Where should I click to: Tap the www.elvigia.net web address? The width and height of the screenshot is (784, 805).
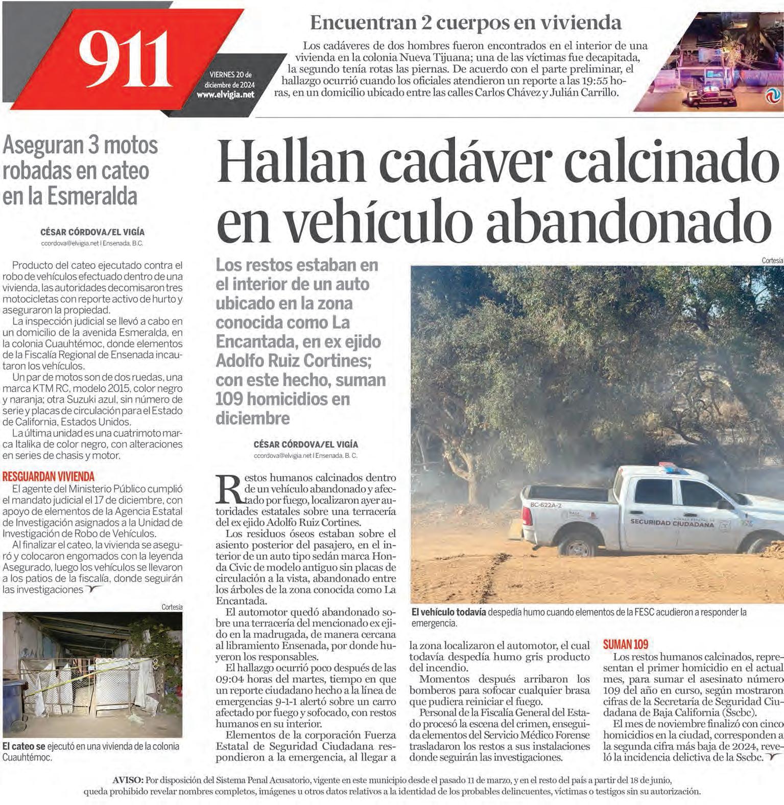coord(225,95)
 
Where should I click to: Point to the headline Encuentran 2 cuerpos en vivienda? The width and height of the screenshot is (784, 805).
coord(466,22)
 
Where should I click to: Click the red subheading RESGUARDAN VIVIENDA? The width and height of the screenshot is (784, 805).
coord(49,476)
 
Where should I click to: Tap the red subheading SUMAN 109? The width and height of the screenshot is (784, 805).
coord(625,645)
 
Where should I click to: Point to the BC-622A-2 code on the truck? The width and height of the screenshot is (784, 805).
coord(545,505)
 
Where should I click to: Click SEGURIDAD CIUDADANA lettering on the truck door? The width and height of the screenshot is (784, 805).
coord(672,523)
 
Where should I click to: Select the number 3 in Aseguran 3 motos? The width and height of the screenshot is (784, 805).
coord(94,147)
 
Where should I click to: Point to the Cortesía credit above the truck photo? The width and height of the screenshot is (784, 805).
coord(772,260)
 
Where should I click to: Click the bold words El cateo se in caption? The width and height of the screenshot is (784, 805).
coord(24,746)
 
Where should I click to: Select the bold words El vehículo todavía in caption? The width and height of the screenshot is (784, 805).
coord(448,612)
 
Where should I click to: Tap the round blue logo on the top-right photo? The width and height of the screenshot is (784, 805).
coord(772,96)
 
